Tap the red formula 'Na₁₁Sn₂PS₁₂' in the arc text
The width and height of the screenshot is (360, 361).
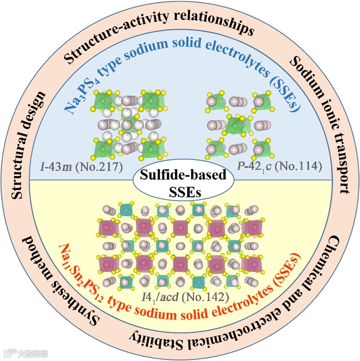79,271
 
